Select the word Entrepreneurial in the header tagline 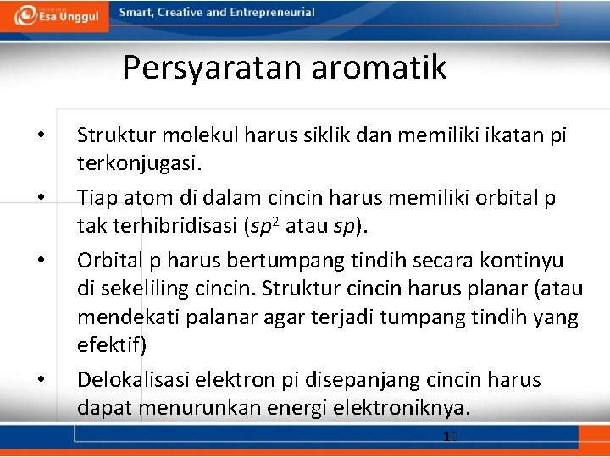click(275, 13)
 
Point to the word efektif click(111, 345)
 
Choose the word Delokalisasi click(134, 380)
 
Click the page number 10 click(451, 436)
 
